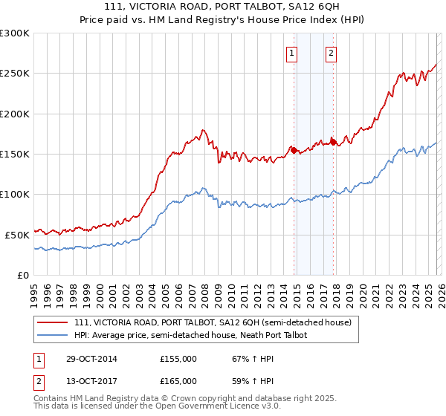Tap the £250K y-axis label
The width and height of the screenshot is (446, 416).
[15, 74]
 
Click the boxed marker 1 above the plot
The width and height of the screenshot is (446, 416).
[291, 53]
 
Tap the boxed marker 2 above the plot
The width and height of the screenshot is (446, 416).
[330, 53]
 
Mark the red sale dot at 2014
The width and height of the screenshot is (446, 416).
[294, 150]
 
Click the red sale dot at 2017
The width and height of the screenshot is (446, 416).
[333, 142]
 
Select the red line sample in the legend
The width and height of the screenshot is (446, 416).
[54, 322]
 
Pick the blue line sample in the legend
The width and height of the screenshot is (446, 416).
[54, 335]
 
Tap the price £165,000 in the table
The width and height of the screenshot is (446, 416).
[178, 381]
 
